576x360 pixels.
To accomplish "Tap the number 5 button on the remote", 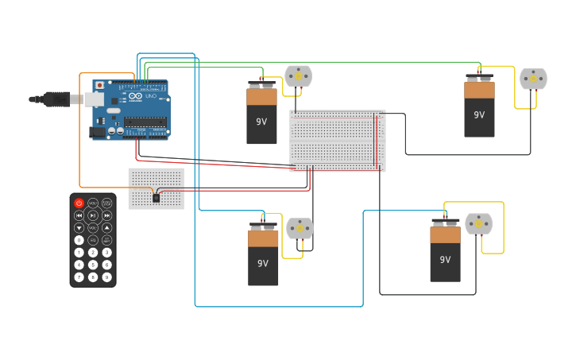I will (93, 265).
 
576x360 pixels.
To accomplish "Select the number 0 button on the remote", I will (79, 240).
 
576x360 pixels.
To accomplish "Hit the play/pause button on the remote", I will (93, 215).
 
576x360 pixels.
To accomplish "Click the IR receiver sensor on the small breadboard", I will (156, 197).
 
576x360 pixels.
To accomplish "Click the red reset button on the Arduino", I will (99, 85).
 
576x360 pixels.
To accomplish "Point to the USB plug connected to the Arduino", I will (60, 99).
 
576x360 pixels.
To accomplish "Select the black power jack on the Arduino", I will (98, 132).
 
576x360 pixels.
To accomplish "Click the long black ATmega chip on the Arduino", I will (145, 122).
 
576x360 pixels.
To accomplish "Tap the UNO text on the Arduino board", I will (151, 96).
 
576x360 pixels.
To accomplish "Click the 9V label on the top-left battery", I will (261, 122).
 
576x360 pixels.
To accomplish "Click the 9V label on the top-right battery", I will (479, 114).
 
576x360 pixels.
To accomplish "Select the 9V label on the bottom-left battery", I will (263, 263).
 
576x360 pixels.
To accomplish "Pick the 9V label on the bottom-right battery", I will (445, 259).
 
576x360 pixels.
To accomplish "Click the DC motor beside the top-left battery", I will (298, 76).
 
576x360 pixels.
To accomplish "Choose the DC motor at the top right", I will (533, 79).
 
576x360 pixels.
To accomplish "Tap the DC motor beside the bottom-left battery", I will (300, 229).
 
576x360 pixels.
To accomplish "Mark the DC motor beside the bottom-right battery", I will (478, 224).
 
